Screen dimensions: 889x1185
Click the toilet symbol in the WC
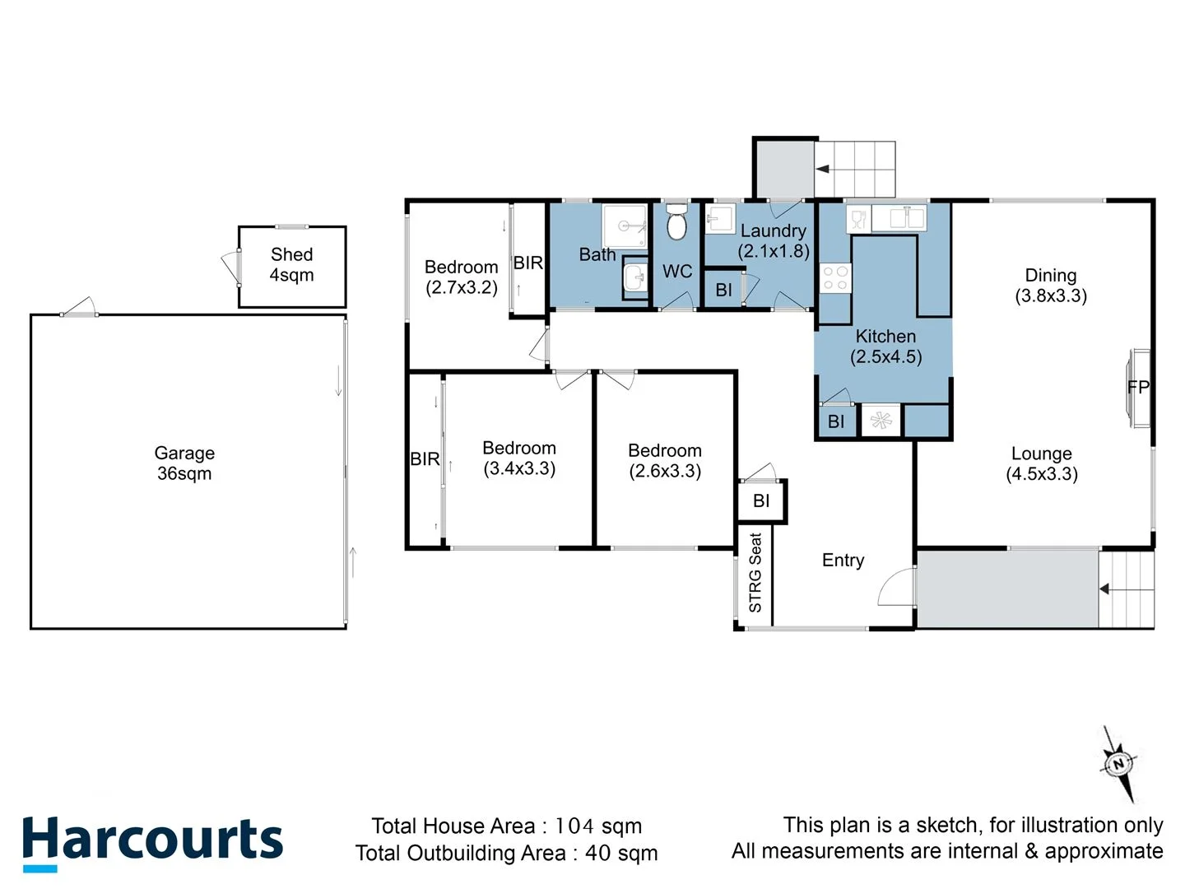coord(676,222)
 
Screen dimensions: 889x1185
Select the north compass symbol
coord(1118,764)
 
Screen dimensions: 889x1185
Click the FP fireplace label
coord(1138,387)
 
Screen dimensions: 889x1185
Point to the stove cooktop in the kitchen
coord(835,278)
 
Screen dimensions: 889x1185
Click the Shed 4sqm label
coord(292,265)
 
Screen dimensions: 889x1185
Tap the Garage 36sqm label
coord(184,463)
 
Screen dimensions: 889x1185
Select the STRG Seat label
coord(755,573)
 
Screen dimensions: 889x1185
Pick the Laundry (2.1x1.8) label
coord(774,241)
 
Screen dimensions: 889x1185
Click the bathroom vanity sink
coord(635,278)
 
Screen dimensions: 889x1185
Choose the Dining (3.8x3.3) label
coord(1051,286)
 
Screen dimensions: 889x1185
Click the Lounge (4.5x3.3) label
coord(1042,463)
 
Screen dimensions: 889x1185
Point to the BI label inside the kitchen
coord(836,421)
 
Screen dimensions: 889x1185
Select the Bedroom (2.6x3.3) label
coord(665,461)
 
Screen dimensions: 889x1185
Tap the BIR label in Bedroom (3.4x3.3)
coord(425,459)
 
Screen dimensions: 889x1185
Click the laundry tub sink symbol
coord(719,220)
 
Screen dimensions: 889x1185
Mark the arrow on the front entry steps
coord(1105,589)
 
